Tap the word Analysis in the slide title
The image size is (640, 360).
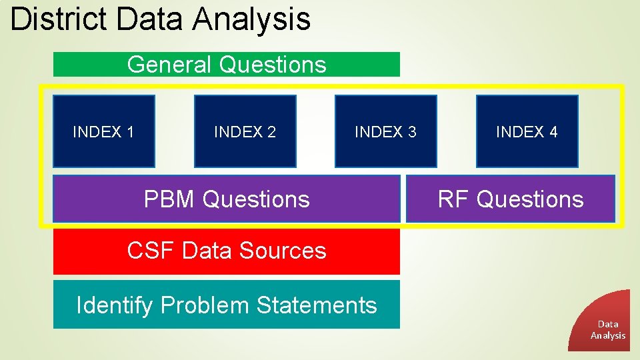(x=251, y=19)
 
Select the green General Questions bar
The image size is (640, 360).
(x=227, y=65)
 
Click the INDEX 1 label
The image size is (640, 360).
(x=103, y=132)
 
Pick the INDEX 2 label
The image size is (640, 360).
(x=245, y=132)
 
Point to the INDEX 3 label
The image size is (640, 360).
(x=385, y=132)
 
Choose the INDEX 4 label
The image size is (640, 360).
(x=527, y=132)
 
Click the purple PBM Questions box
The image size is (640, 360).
(x=227, y=199)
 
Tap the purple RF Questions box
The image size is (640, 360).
(x=511, y=199)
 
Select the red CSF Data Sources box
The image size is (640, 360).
(x=227, y=251)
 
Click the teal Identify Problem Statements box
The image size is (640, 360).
(x=227, y=305)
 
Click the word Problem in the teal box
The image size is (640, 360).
(x=205, y=305)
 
